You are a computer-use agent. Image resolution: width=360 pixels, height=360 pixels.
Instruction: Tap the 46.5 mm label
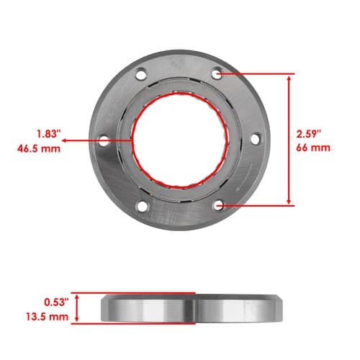[x=39, y=149]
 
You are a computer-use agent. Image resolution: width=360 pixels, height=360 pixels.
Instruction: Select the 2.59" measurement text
[x=309, y=134]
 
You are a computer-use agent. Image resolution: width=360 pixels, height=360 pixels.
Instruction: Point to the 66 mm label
[x=313, y=148]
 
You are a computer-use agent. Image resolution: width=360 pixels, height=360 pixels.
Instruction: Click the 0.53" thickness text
[x=56, y=302]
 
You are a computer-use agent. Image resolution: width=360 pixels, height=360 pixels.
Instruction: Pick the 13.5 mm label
[x=47, y=317]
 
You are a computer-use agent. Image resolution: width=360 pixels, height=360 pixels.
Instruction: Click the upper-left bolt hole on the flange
[x=141, y=74]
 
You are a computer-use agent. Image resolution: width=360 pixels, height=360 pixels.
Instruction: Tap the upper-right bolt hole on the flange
[x=217, y=73]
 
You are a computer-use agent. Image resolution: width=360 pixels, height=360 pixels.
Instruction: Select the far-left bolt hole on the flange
[x=104, y=141]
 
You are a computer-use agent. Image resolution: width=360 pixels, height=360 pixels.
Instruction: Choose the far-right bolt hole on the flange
[x=256, y=139]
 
